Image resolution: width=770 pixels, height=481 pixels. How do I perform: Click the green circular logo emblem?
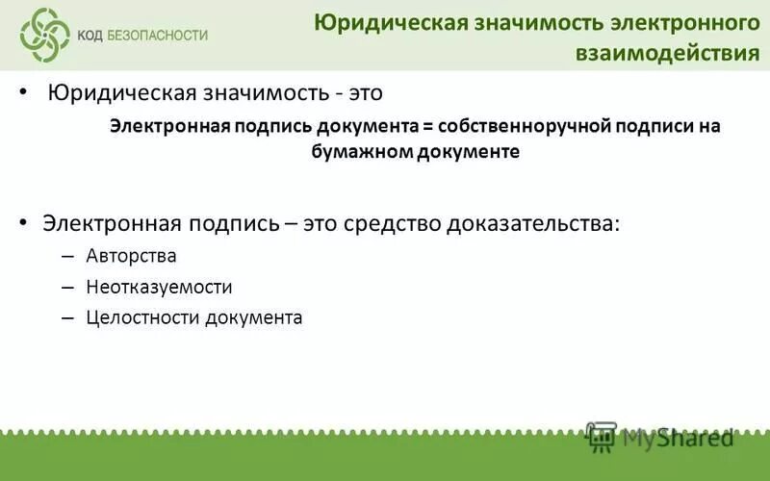coord(44,35)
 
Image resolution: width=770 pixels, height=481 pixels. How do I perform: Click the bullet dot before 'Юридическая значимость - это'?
coord(23,94)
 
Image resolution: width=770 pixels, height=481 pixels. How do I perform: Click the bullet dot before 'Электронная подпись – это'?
coord(23,223)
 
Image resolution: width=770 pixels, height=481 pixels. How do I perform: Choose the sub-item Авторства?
coord(131,256)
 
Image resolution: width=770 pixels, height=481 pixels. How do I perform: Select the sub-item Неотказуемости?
coord(159,287)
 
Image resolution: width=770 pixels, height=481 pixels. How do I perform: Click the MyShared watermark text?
coord(679,438)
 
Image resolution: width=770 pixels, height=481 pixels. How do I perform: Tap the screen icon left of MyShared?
coord(602,437)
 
